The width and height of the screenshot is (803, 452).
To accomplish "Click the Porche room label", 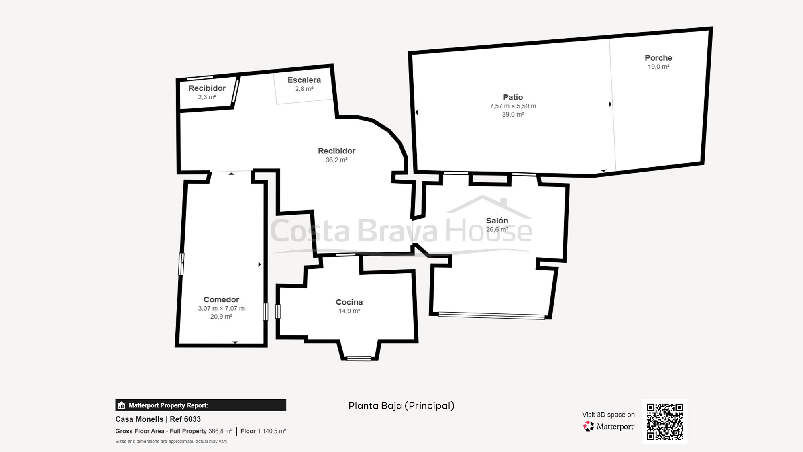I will (658, 58).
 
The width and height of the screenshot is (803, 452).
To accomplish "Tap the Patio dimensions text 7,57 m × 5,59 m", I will (513, 106).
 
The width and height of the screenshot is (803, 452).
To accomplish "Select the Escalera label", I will (304, 80).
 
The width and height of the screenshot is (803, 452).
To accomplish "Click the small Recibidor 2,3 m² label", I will (207, 88).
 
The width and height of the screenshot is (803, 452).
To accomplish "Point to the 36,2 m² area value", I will (336, 160).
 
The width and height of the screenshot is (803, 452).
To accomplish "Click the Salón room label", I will (497, 221).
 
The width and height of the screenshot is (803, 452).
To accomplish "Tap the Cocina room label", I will (349, 302).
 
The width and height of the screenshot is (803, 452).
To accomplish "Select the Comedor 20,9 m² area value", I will (221, 317).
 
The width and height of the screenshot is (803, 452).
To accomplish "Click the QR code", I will (664, 421).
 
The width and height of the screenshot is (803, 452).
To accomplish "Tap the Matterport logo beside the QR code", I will (609, 426).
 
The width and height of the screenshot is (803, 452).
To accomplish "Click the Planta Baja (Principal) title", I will (401, 406).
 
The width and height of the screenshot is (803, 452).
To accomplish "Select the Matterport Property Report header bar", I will (201, 405).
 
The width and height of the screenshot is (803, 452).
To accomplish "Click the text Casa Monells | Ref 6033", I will (158, 419).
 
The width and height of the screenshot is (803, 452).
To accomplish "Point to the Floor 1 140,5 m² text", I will (263, 431).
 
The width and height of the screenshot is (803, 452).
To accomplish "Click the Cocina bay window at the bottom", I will (359, 358).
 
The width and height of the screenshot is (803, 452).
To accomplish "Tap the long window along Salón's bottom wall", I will (491, 316).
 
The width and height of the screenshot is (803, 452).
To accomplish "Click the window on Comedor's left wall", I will (181, 264).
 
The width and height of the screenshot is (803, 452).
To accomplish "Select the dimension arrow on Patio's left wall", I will (416, 112).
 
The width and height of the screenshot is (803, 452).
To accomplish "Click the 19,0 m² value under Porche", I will (658, 67).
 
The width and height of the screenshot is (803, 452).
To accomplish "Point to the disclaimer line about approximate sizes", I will (171, 441).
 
